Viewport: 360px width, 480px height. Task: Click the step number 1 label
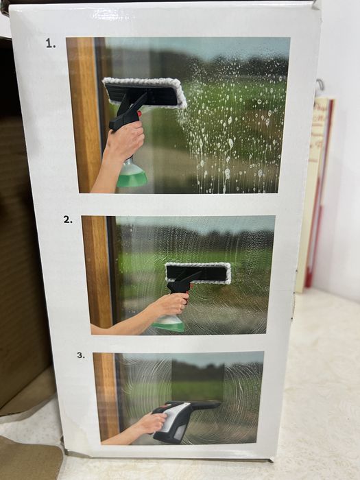point(51,43)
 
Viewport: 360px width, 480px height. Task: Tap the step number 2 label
point(68,219)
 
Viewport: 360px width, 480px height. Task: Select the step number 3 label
point(81,355)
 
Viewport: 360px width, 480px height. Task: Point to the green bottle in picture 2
point(169,324)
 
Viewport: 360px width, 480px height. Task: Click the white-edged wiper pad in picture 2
point(198,273)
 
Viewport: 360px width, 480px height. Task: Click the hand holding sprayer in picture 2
point(171,304)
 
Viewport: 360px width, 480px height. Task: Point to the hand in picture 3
point(152,423)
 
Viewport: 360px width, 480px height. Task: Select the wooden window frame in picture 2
point(97,272)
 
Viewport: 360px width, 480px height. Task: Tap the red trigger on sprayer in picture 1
point(140,114)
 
